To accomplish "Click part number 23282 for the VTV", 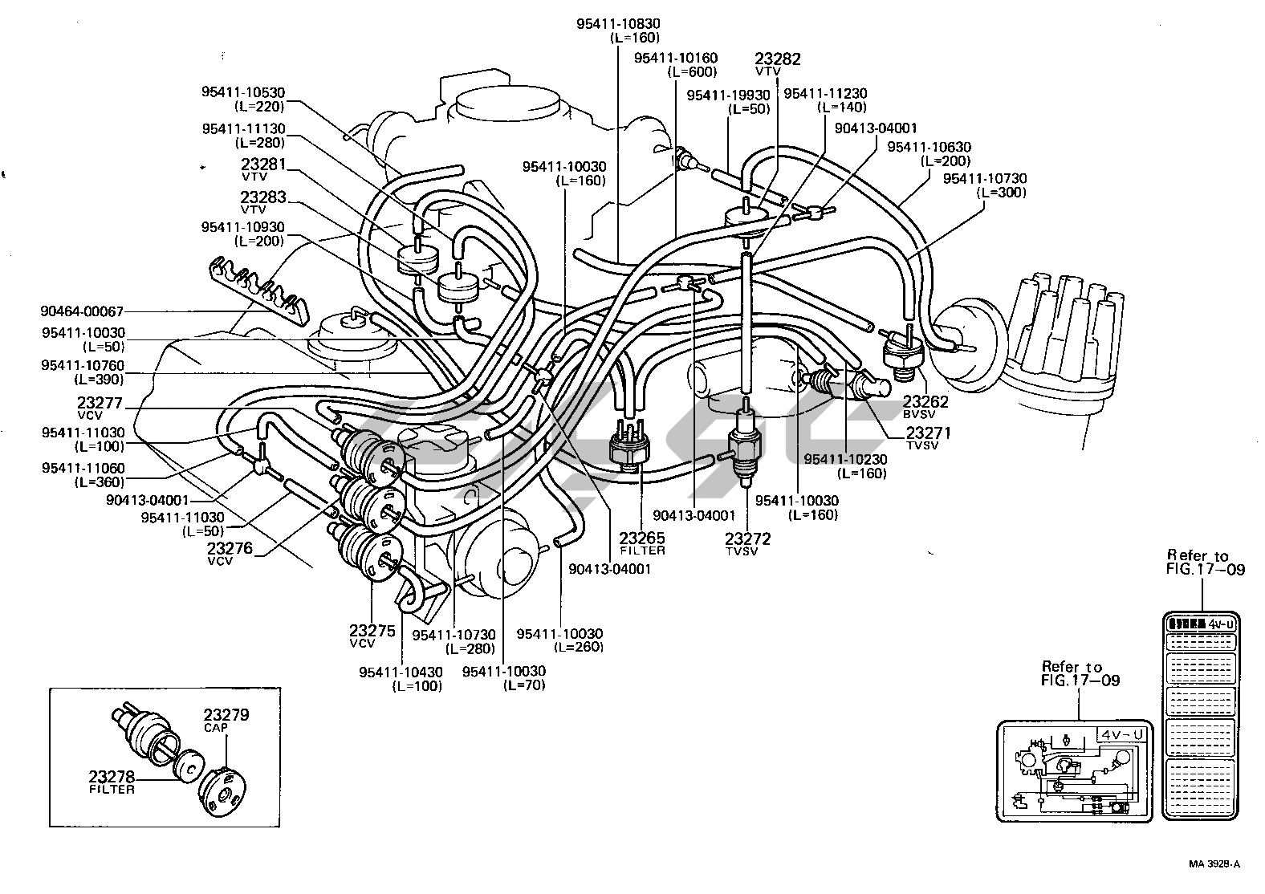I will tap(778, 59).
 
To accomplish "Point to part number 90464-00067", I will tap(83, 311).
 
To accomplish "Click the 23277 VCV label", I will tap(100, 403).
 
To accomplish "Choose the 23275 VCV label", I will tap(372, 631).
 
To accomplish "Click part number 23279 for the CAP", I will tap(226, 715).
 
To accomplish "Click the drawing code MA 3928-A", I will tap(1214, 864).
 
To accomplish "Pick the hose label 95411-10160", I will tap(675, 59).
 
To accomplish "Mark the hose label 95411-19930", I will tap(728, 95).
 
